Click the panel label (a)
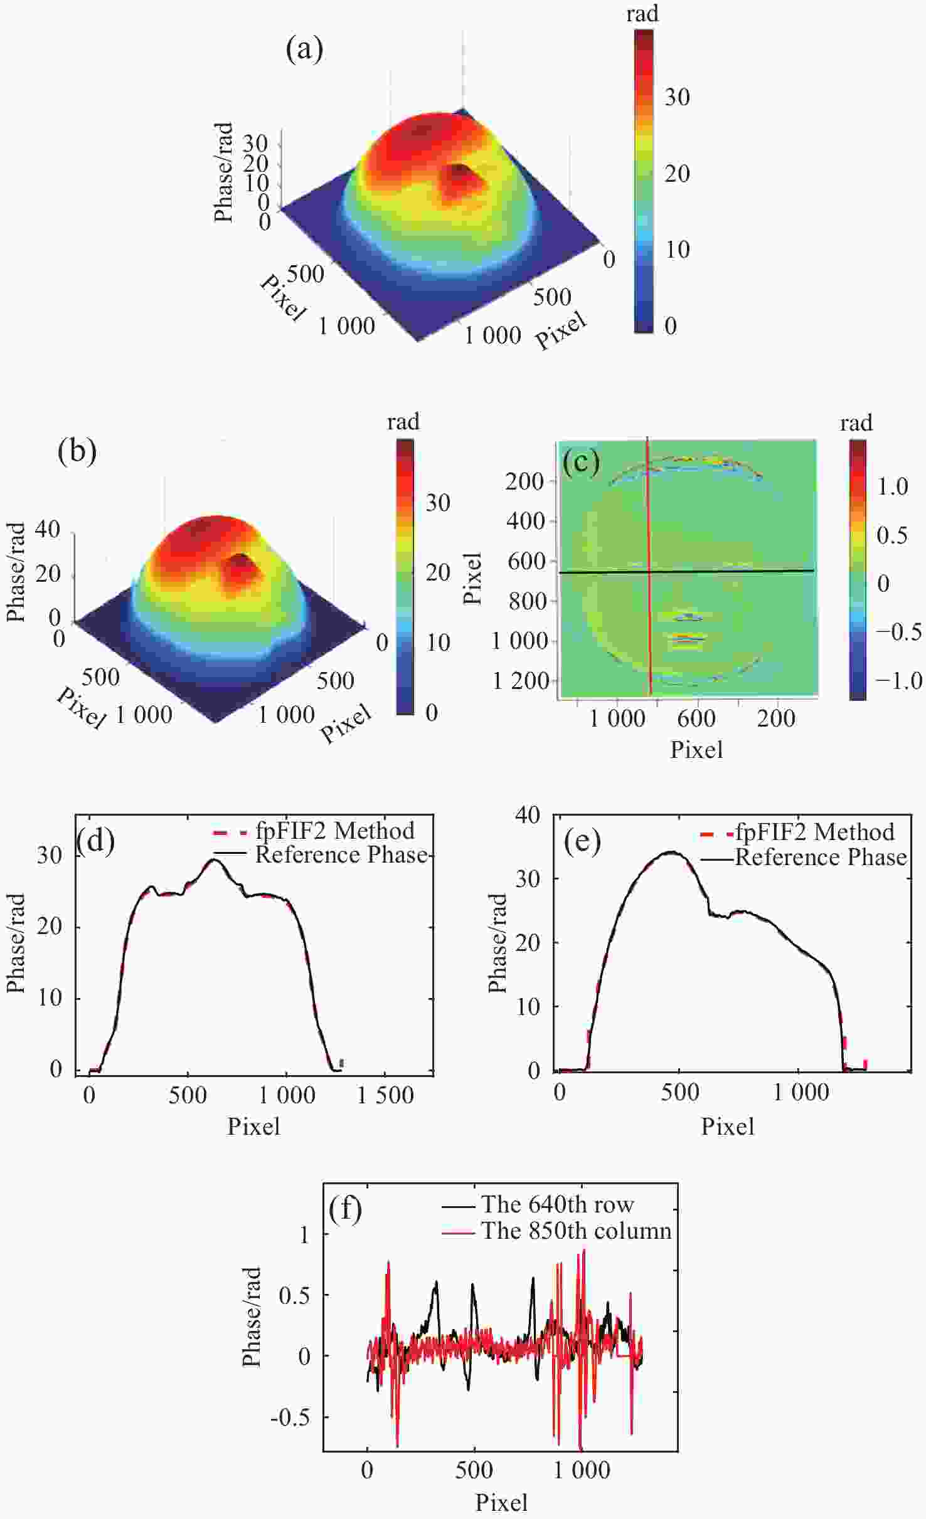point(304,49)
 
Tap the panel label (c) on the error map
point(581,462)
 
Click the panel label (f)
point(345,1209)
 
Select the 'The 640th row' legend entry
point(557,1204)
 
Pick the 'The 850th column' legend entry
point(576,1231)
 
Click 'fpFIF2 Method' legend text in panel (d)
point(335,831)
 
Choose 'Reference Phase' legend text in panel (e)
point(821,857)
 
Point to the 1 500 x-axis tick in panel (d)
point(385,1095)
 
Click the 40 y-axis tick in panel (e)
point(528,815)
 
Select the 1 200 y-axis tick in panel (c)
point(521,681)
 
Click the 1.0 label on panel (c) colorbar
point(892,486)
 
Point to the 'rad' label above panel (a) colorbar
point(642,14)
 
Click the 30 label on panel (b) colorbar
point(438,502)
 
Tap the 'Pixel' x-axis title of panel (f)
point(501,1503)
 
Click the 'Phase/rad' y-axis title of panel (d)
point(16,943)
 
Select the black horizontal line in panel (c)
point(721,571)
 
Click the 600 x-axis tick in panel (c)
point(696,718)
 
